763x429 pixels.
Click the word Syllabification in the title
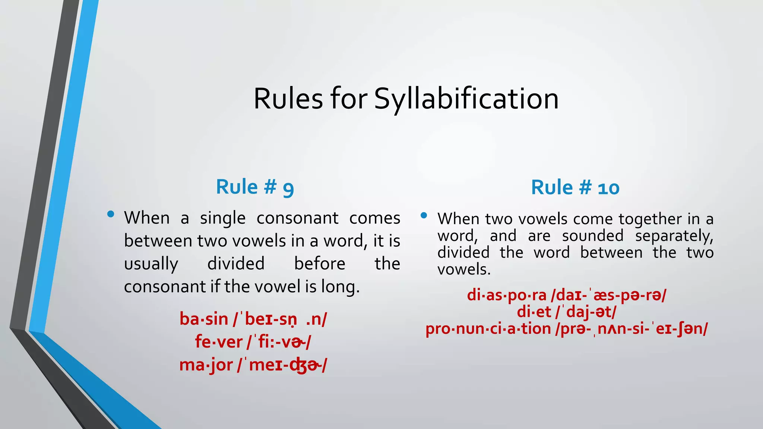point(466,99)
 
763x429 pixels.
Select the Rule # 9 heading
point(255,187)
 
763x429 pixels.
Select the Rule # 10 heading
point(575,187)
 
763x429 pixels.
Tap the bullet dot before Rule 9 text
point(110,214)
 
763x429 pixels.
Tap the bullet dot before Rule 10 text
point(424,215)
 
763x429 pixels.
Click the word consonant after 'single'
point(297,218)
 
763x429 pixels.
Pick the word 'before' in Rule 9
point(320,264)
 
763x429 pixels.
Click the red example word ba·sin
point(203,320)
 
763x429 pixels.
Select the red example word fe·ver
point(218,342)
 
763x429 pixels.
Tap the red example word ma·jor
point(206,365)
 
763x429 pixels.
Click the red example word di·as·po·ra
point(506,295)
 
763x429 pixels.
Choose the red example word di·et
point(534,312)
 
